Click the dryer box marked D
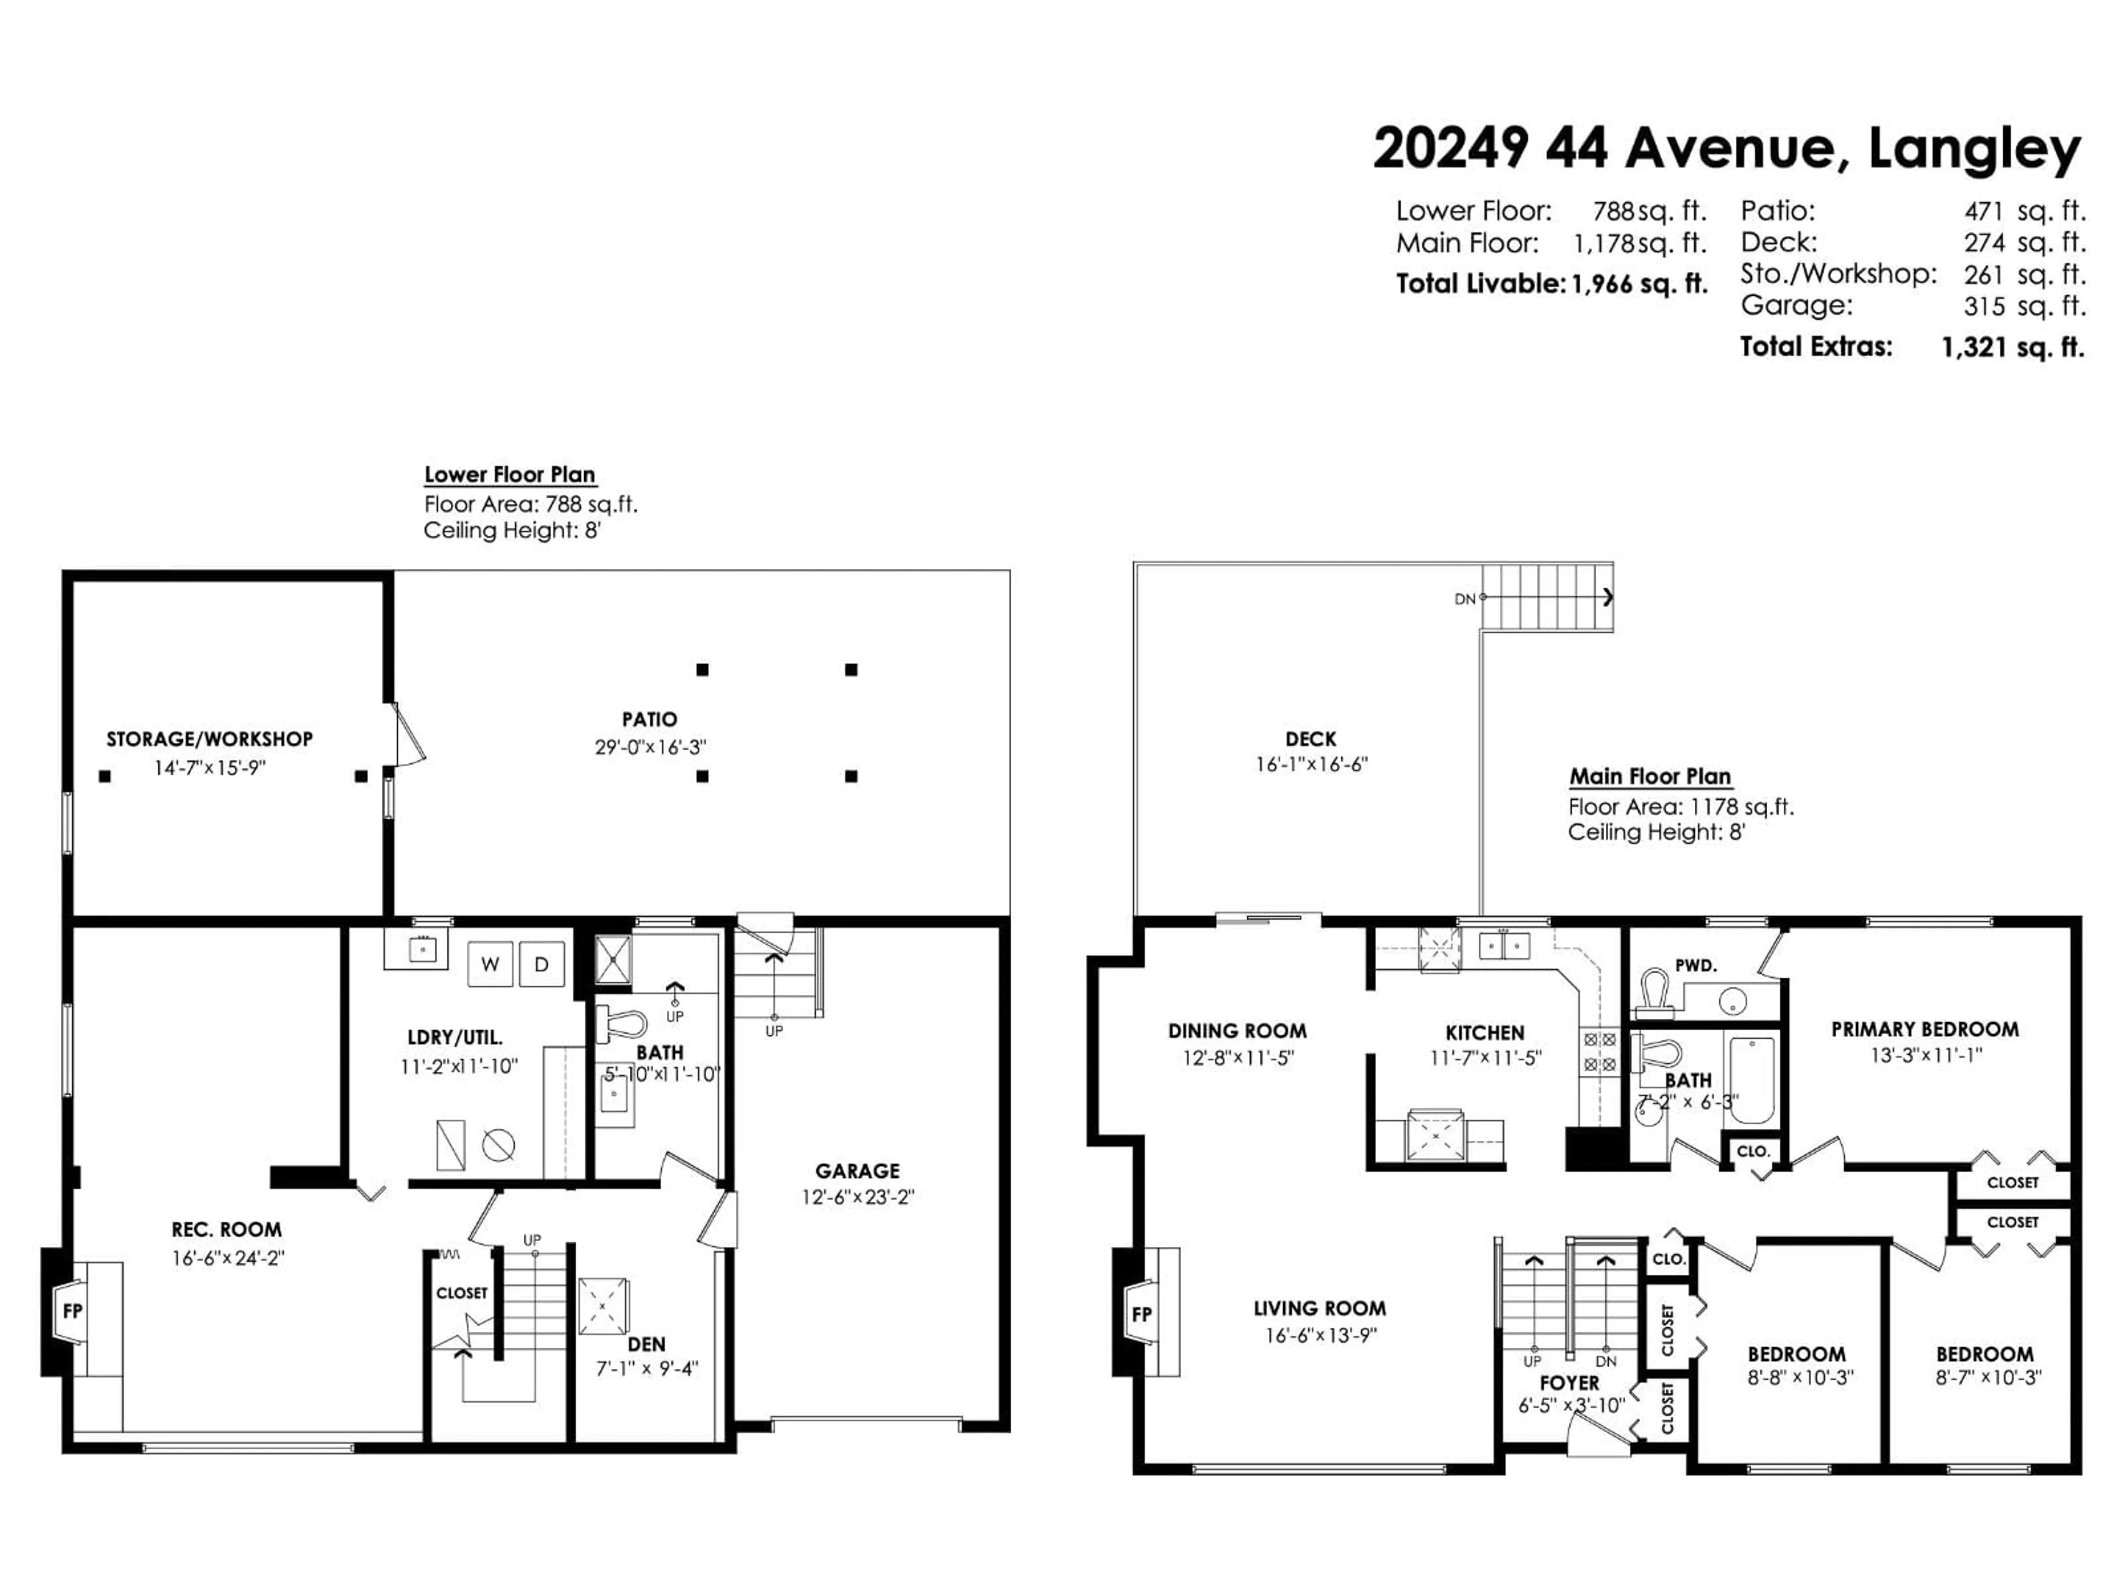[x=541, y=965]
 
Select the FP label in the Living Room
[x=1141, y=1314]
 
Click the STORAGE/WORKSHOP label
[x=209, y=739]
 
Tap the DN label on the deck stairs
[x=1464, y=599]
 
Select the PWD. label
[x=1695, y=965]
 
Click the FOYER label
[x=1569, y=1383]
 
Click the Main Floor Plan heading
[x=1650, y=776]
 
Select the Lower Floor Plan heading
[x=510, y=474]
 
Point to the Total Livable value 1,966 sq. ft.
[x=1638, y=284]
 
